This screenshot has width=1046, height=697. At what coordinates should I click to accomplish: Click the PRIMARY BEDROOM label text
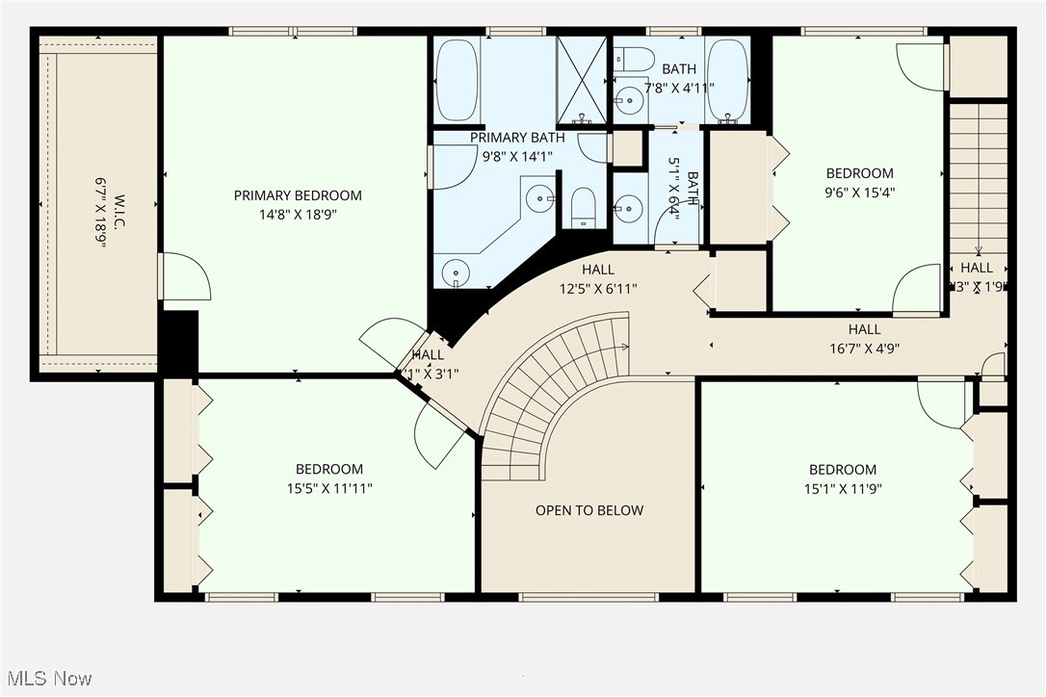pos(298,195)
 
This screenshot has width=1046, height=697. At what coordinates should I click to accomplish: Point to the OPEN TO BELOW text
pos(588,510)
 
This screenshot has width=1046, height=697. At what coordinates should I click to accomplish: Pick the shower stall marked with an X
pos(582,80)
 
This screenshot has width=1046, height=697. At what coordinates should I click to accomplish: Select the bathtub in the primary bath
pos(457,80)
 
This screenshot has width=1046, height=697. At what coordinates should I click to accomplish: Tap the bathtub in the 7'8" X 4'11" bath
pos(727,80)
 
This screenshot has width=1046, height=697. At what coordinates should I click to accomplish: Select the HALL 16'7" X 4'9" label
pos(864,339)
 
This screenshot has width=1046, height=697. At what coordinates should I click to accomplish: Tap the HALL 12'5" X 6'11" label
pos(598,279)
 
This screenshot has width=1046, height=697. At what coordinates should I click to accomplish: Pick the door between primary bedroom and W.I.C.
pos(183,276)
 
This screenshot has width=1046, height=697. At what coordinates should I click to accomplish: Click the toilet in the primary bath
pos(583,207)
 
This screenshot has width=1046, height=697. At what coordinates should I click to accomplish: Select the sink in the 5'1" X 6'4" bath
pos(629,207)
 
